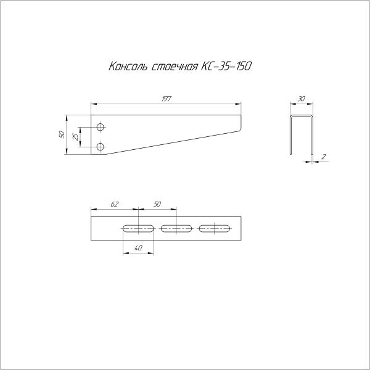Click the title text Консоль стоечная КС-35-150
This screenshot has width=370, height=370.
click(x=179, y=67)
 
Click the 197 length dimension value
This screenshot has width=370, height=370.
click(x=166, y=99)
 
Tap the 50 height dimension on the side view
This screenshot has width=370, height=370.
click(x=62, y=134)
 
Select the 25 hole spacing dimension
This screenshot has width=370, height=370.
click(x=75, y=137)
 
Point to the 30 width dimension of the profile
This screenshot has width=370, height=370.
click(x=301, y=99)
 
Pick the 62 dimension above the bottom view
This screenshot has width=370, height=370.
click(x=114, y=203)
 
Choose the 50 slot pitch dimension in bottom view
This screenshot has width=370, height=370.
click(x=157, y=203)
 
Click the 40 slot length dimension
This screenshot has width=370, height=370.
click(x=138, y=247)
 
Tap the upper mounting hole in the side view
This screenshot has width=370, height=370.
click(x=101, y=128)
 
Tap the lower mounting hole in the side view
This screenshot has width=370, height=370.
click(x=101, y=146)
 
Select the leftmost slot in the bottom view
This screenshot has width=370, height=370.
click(x=139, y=229)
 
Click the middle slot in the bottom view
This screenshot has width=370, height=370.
click(x=176, y=229)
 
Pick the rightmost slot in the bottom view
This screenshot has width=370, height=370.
click(x=215, y=229)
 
